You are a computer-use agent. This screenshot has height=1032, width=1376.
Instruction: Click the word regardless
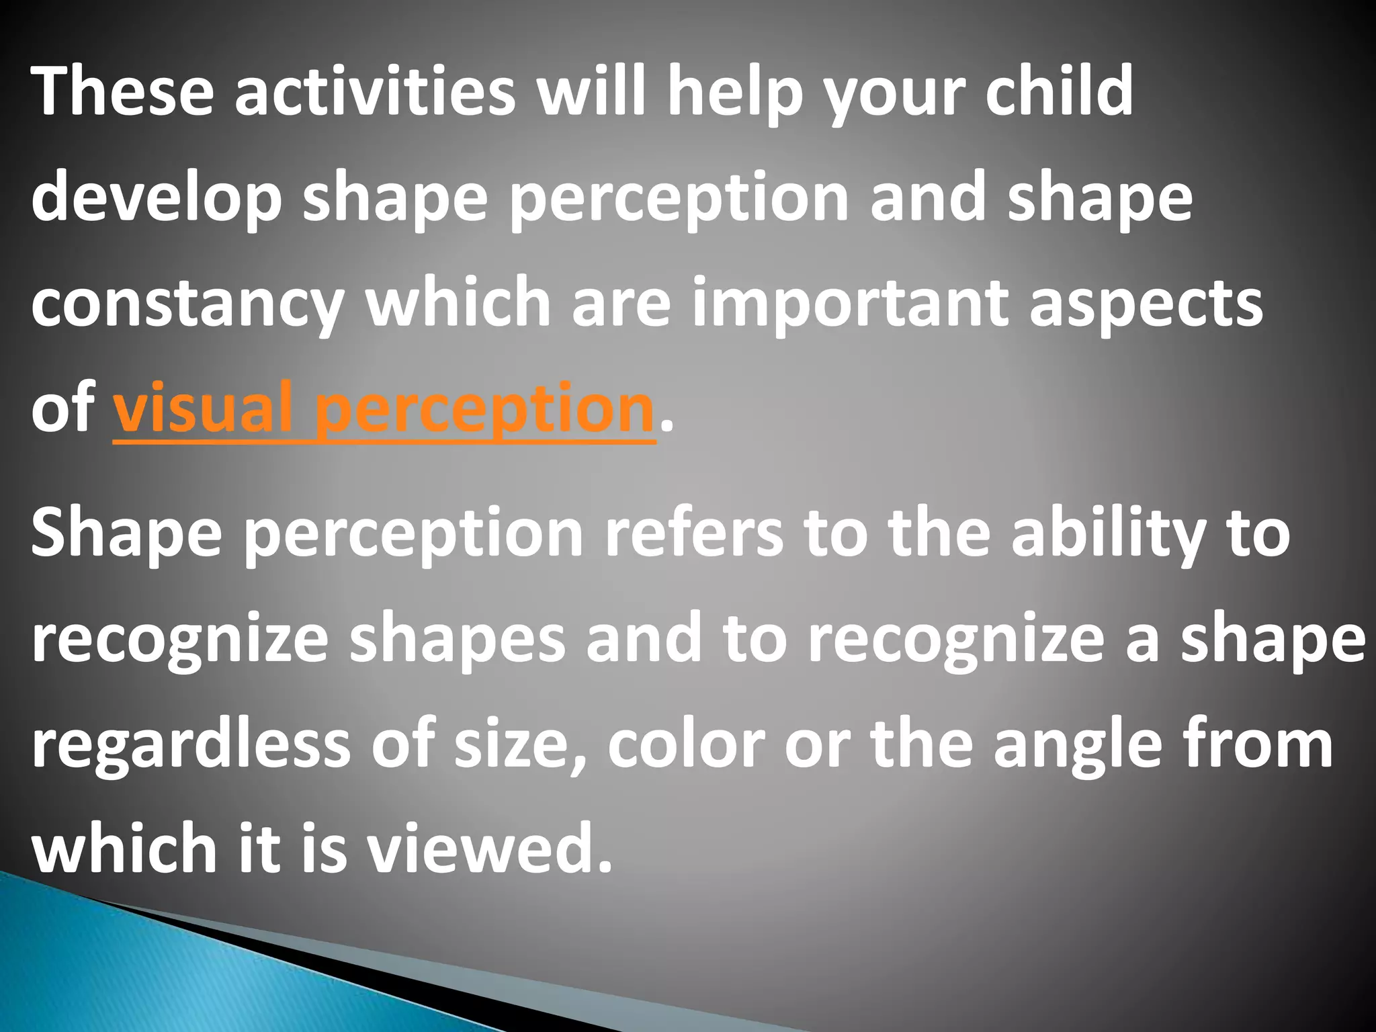pos(191,746)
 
